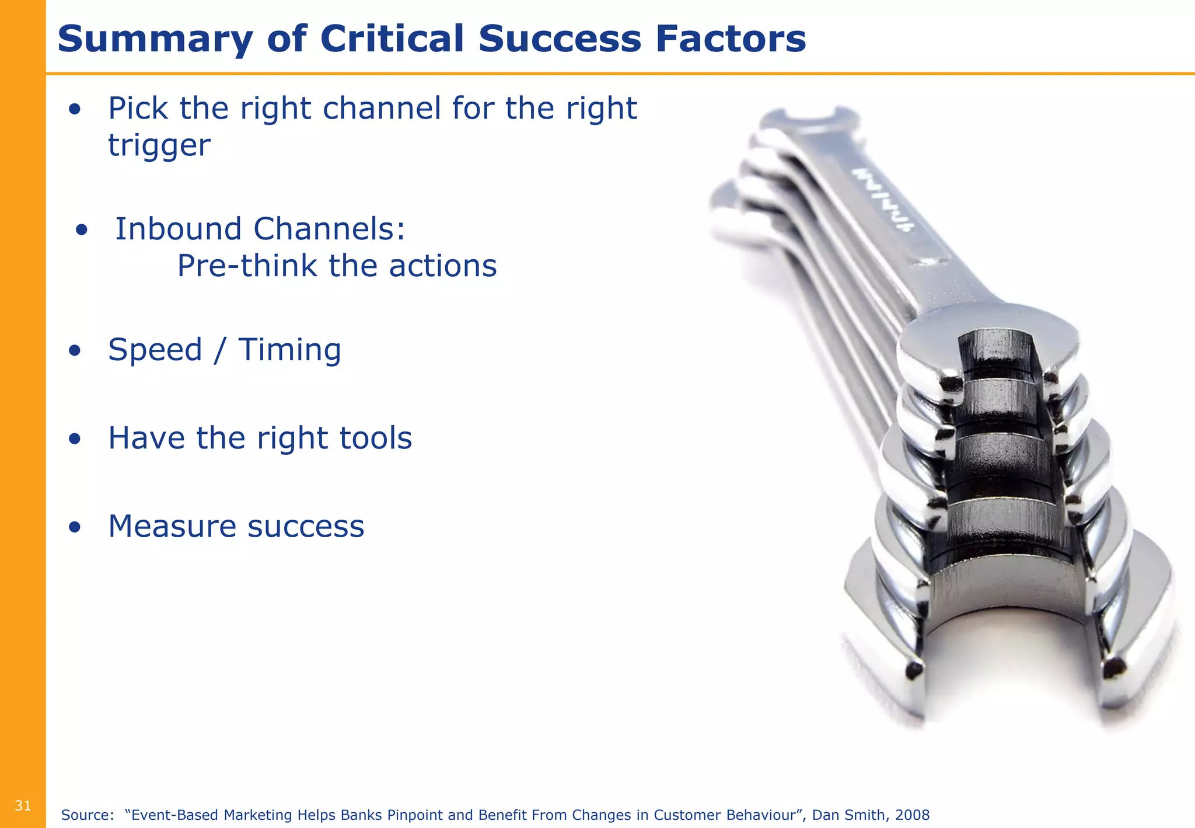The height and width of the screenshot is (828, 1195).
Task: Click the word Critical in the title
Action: [x=392, y=39]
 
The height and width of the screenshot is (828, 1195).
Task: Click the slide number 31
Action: [x=23, y=806]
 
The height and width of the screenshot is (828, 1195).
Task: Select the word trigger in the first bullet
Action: [x=159, y=145]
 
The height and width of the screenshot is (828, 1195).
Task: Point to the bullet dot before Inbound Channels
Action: [x=81, y=229]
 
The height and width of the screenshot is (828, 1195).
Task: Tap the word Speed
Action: [x=155, y=350]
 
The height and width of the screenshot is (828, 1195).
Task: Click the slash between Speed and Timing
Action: [x=219, y=350]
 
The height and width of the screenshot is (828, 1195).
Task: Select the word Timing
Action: [x=289, y=350]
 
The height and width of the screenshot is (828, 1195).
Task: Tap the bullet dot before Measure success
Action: [x=74, y=527]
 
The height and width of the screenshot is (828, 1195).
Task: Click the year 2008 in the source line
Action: [x=911, y=815]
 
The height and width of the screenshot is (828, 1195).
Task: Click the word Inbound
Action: [x=178, y=228]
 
